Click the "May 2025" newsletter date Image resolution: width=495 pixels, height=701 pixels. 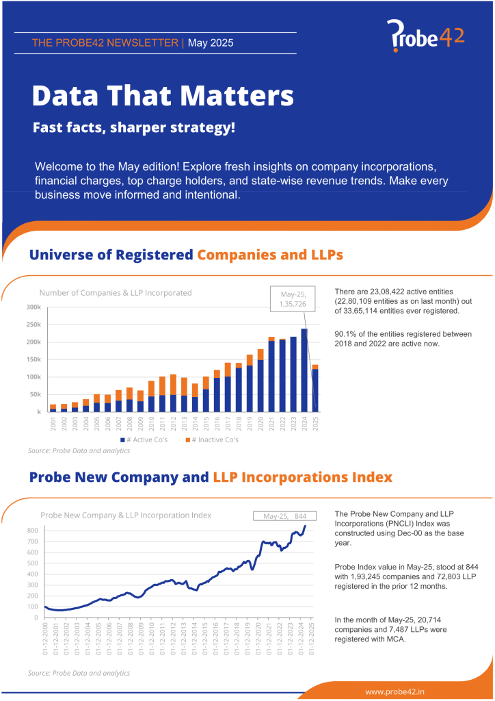point(211,42)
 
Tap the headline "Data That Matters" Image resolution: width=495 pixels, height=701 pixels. point(163,95)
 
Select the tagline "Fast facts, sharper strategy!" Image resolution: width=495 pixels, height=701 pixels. point(133,127)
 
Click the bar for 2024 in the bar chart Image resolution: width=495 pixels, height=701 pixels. point(304,370)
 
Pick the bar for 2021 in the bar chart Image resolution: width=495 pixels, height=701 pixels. point(271,374)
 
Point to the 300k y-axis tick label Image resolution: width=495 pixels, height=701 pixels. point(34,307)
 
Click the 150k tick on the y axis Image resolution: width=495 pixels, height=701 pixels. point(34,359)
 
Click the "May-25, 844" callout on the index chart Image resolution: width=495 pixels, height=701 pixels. point(284,515)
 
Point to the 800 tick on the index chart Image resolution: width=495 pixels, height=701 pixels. point(33,531)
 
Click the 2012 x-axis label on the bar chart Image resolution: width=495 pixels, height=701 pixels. point(173,424)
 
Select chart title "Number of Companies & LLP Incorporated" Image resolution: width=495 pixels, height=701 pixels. point(116,292)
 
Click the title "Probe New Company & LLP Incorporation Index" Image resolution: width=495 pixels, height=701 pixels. point(126,515)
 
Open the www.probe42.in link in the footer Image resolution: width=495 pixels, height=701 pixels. point(394,692)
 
